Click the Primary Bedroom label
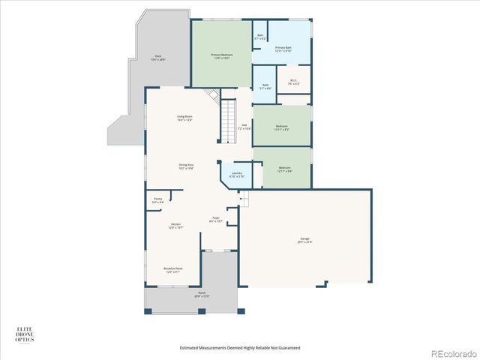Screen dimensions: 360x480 pyautogui.click(x=220, y=56)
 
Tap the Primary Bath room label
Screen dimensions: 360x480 pyautogui.click(x=283, y=49)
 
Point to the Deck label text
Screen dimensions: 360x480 pyautogui.click(x=159, y=57)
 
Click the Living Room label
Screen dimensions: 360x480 pyautogui.click(x=184, y=118)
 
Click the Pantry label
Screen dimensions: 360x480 pyautogui.click(x=157, y=200)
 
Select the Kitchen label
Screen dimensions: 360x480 pyautogui.click(x=175, y=226)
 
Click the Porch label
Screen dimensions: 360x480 pyautogui.click(x=202, y=294)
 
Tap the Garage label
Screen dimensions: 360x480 pyautogui.click(x=305, y=241)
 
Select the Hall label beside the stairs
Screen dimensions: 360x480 pyautogui.click(x=244, y=127)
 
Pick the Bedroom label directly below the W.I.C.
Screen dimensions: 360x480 pyautogui.click(x=282, y=127)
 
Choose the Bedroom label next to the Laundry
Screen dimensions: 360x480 pyautogui.click(x=284, y=169)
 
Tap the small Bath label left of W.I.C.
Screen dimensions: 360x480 pyautogui.click(x=263, y=87)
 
